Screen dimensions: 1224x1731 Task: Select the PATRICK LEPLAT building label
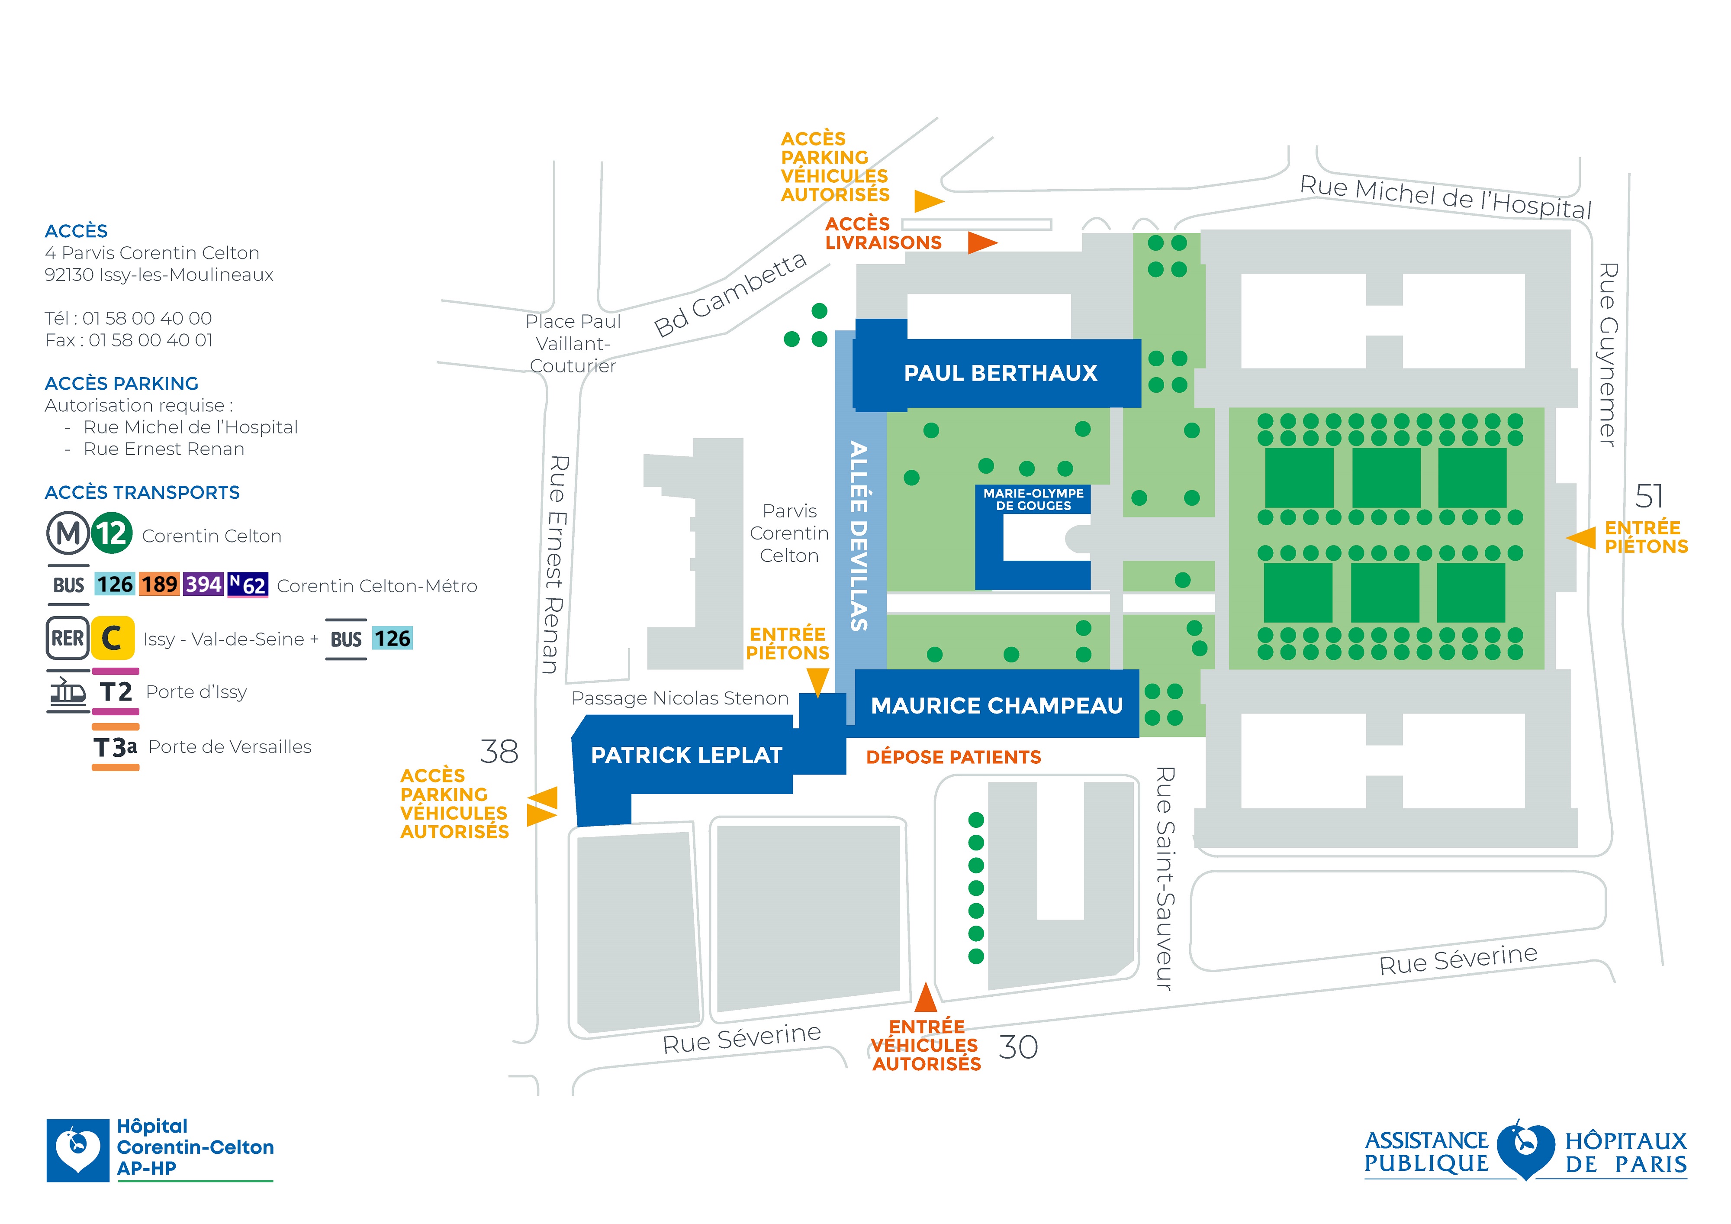click(x=686, y=755)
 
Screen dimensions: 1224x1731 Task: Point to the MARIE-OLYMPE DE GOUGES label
click(x=1033, y=499)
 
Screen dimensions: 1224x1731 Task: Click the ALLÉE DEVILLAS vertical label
click(x=859, y=536)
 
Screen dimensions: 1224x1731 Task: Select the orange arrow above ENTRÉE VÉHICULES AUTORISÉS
click(x=926, y=997)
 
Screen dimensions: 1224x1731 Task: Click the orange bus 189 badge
click(x=160, y=585)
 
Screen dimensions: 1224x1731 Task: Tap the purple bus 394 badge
click(x=203, y=585)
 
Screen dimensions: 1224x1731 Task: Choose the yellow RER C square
click(x=113, y=638)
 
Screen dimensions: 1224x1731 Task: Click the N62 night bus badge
click(x=248, y=585)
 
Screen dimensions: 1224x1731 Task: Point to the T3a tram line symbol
click(x=116, y=746)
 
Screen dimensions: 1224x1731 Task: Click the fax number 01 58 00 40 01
click(x=150, y=340)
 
